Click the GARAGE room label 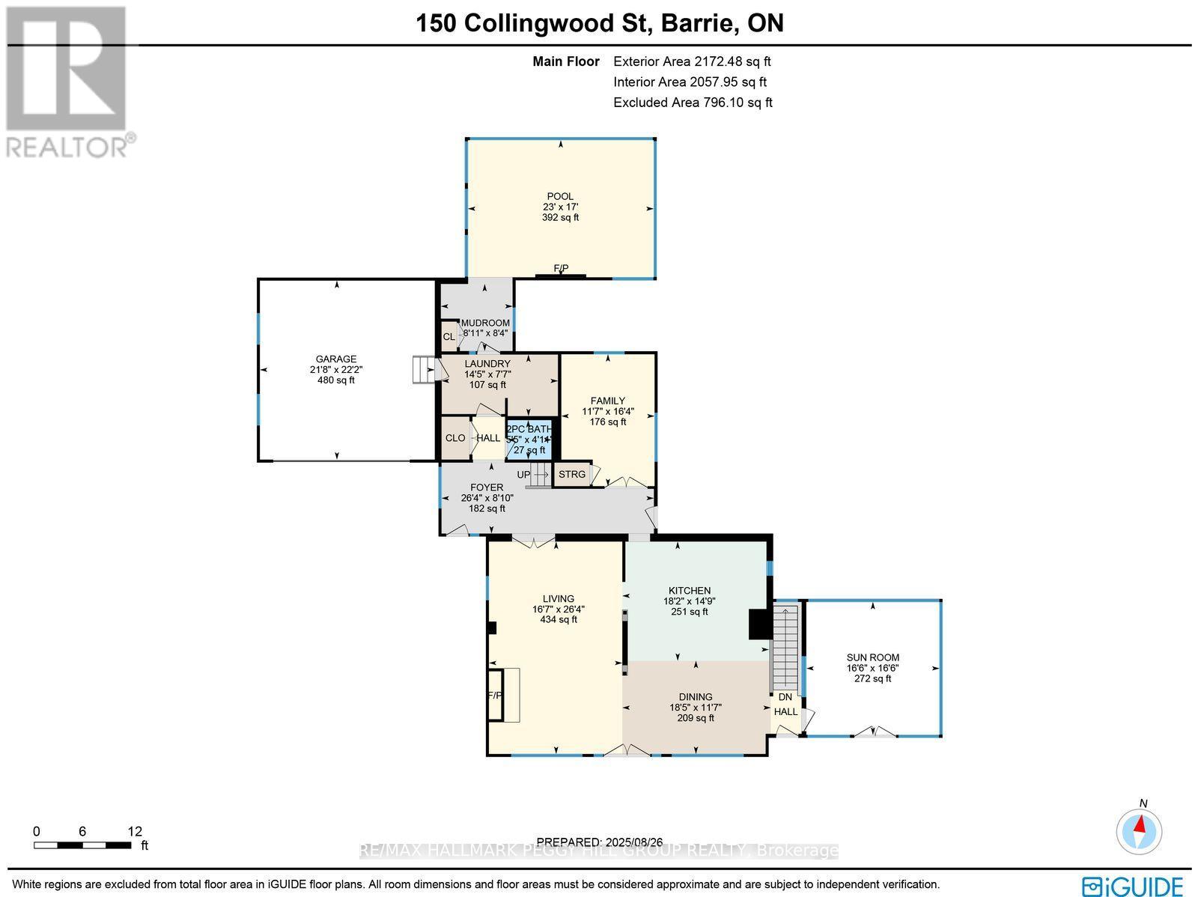[335, 359]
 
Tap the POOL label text [560, 197]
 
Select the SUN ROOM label [873, 657]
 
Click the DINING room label [696, 697]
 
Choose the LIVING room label [559, 599]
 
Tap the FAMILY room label [607, 401]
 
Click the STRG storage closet [572, 475]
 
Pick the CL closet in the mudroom [449, 337]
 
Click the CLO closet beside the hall [455, 438]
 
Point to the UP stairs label [523, 475]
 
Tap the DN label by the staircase [785, 697]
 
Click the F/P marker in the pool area [561, 269]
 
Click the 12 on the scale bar [135, 831]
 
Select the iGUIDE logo [1134, 886]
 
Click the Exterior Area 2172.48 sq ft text [692, 62]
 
